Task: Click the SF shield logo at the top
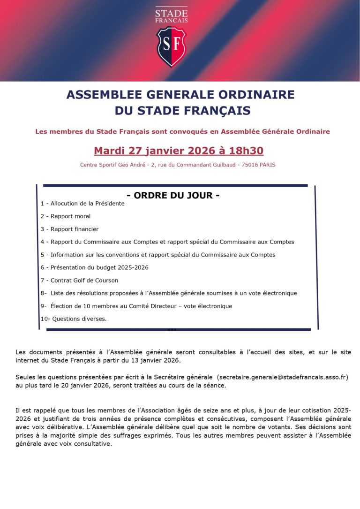point(171,47)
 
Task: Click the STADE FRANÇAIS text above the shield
point(171,16)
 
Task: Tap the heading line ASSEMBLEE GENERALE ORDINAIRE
point(180,95)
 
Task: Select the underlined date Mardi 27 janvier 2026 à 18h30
point(179,151)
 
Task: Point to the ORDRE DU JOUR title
point(173,196)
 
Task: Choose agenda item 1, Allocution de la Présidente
point(82,204)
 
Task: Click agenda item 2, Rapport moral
point(66,216)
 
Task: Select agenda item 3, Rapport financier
point(69,229)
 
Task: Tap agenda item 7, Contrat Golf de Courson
point(79,281)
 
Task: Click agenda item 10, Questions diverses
point(74,319)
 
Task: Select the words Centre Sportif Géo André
point(109,165)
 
